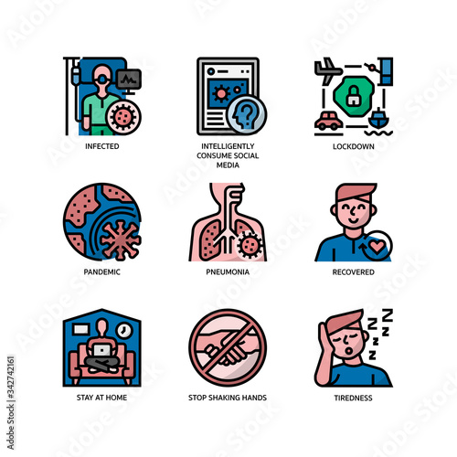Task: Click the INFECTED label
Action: (x=102, y=145)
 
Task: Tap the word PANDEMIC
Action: (x=102, y=271)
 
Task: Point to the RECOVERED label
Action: (x=353, y=271)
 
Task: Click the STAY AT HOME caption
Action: (x=102, y=398)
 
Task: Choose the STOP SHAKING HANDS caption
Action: (x=228, y=398)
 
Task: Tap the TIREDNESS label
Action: (x=353, y=398)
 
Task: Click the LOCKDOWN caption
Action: (x=353, y=145)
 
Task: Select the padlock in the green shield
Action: (x=353, y=94)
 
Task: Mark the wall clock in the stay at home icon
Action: (x=131, y=324)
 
